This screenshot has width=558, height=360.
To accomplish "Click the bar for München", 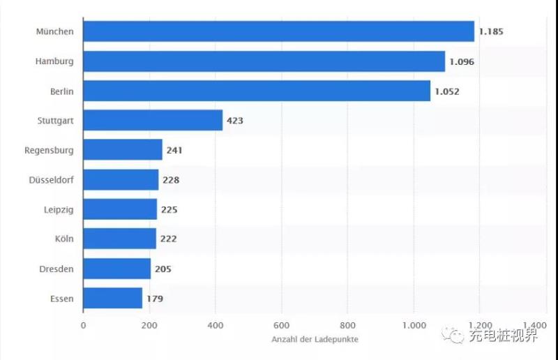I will coord(278,31).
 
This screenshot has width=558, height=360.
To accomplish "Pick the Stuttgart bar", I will coord(153,120).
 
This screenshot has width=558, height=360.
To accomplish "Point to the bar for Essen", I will coord(112,299).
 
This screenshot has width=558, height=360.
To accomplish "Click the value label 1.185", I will coord(491,31).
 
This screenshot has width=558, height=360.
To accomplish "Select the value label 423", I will coord(234,121).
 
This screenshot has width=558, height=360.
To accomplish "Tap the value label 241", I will coord(174,150).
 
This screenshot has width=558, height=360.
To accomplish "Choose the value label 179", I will coord(155,299).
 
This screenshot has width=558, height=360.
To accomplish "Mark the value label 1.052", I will coord(447,91).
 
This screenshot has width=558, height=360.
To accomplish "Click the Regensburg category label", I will coord(49,150).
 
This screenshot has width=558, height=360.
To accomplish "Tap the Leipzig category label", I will coord(59,209).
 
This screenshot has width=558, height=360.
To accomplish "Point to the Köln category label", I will coord(65,239).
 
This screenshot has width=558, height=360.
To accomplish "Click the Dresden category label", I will coord(56,269).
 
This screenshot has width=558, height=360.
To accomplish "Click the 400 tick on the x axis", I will coord(216,325).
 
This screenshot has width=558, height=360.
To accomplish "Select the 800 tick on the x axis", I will coord(347,325).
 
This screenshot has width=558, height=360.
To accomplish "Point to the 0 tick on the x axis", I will coord(83,325).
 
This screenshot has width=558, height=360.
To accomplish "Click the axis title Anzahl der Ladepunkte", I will coord(314,340).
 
